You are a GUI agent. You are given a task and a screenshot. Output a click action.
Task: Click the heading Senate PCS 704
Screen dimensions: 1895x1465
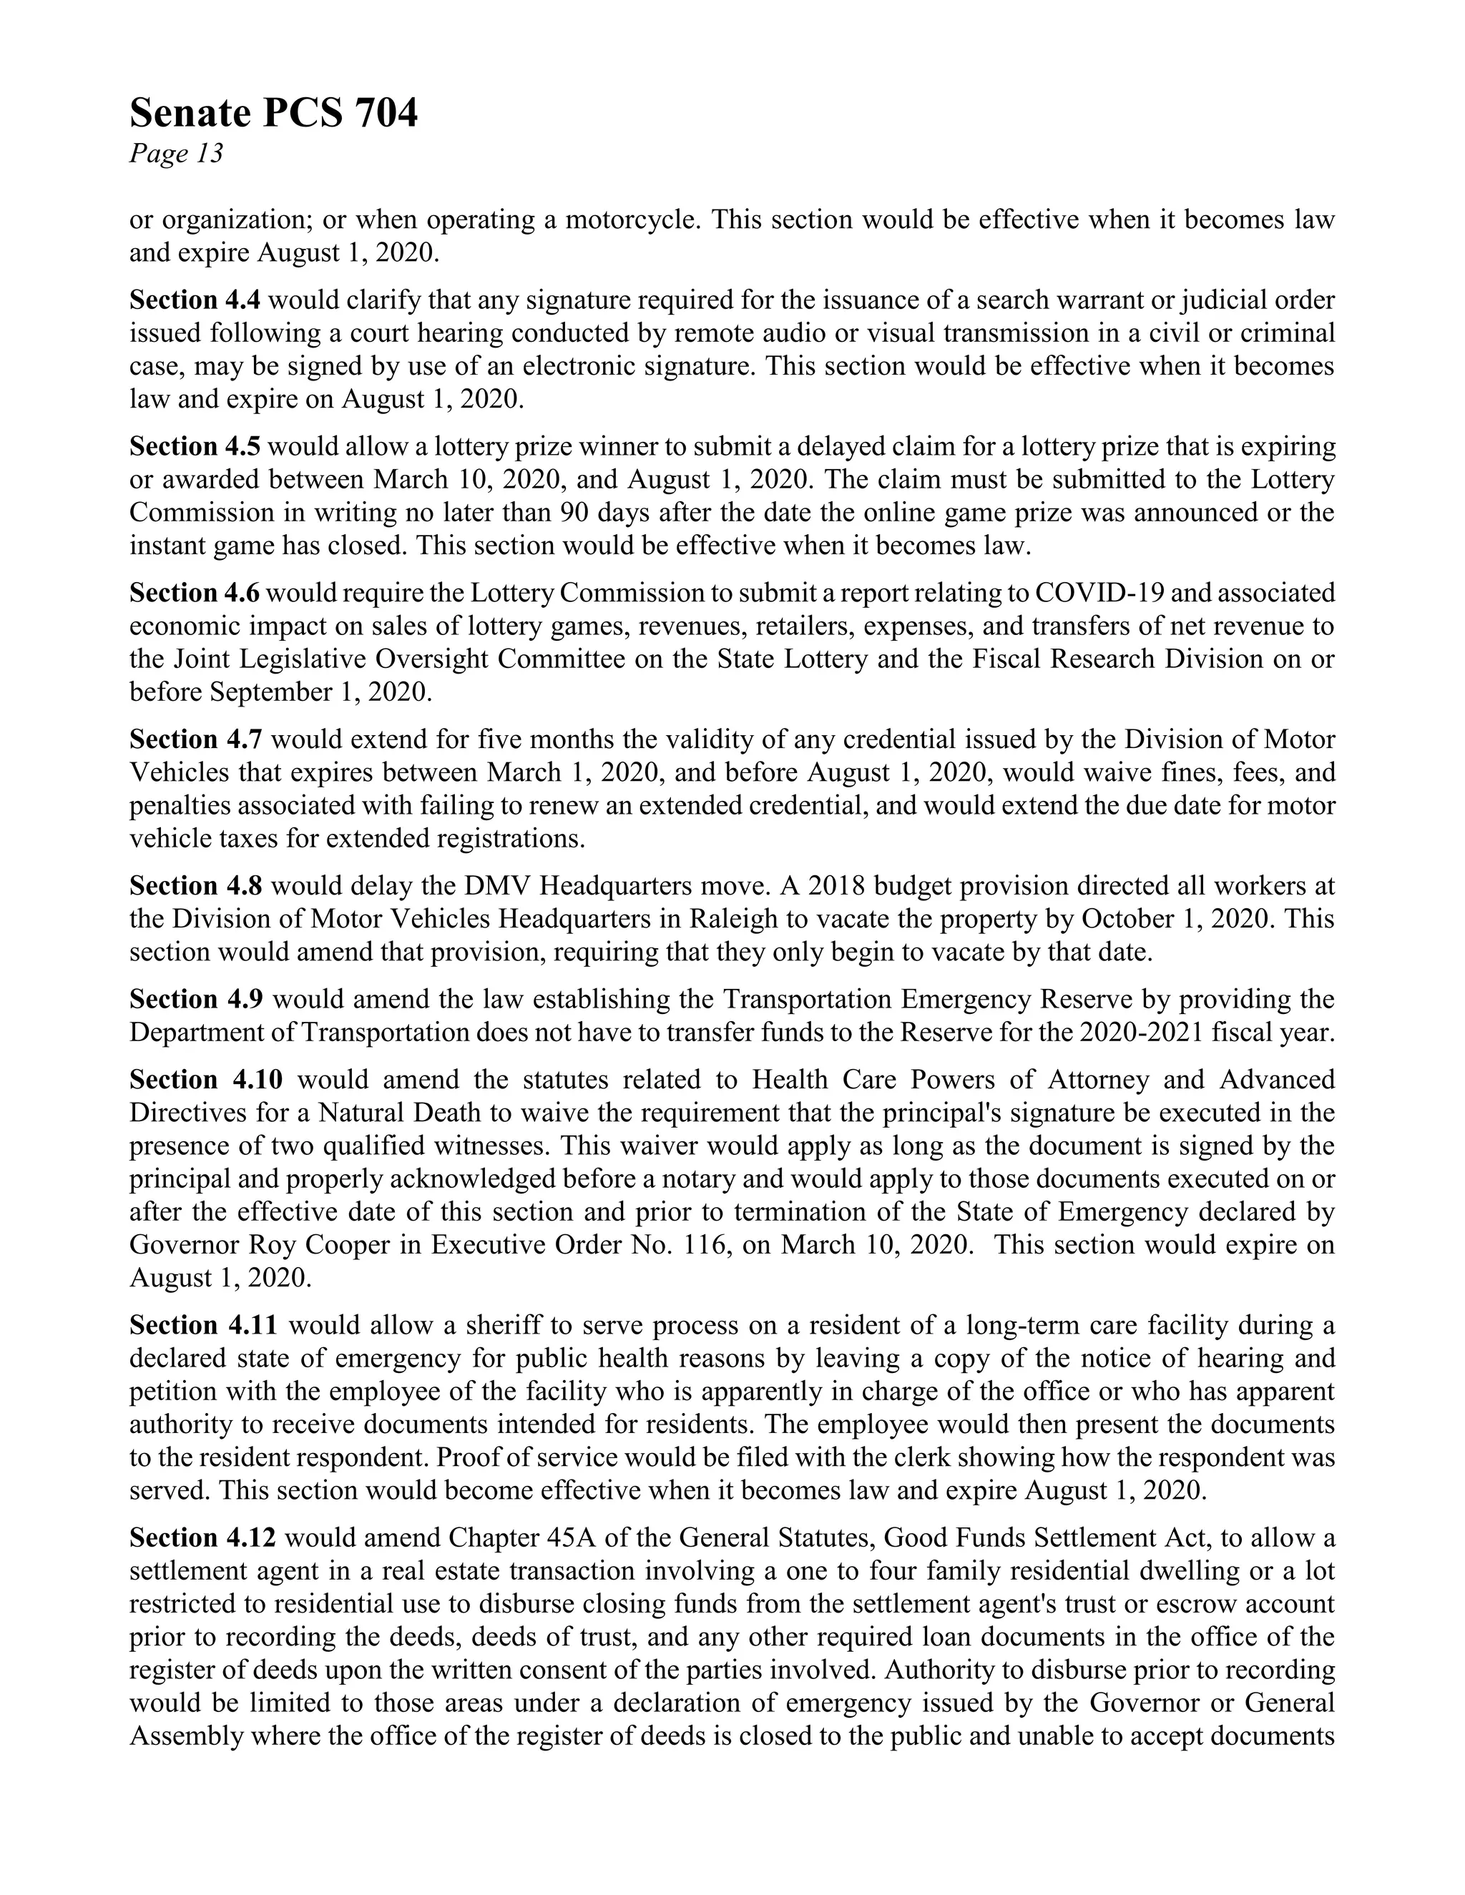pos(273,114)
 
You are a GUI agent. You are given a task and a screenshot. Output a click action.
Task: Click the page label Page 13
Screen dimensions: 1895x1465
pos(176,154)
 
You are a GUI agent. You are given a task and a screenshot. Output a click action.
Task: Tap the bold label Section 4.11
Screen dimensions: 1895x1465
pos(203,1326)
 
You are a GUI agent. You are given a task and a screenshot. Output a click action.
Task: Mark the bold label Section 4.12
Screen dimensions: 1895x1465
pos(202,1538)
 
